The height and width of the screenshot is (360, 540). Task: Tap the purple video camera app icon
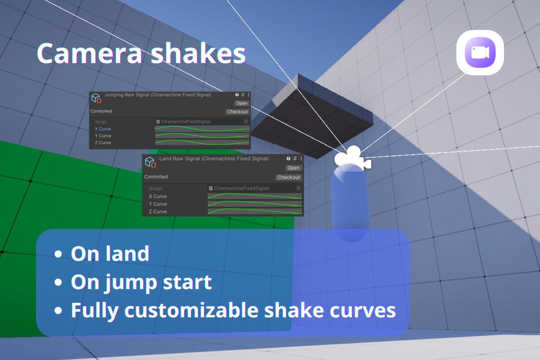(x=480, y=52)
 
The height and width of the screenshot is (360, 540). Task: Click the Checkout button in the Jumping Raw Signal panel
(x=237, y=112)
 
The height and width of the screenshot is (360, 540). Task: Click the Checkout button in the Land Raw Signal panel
(x=288, y=177)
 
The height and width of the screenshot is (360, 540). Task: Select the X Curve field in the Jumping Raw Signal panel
(x=202, y=129)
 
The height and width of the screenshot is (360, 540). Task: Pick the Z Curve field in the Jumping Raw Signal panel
(x=202, y=143)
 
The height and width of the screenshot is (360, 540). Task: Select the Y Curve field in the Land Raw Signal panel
(x=255, y=204)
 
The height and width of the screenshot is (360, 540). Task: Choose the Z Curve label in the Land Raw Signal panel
(x=157, y=211)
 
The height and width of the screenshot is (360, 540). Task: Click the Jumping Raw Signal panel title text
(x=157, y=95)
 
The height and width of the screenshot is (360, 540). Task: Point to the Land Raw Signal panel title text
(x=214, y=159)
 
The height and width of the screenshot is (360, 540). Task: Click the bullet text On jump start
(x=141, y=282)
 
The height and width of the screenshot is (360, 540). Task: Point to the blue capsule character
(x=351, y=202)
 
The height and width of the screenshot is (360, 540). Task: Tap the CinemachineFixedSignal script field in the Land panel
(x=254, y=188)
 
